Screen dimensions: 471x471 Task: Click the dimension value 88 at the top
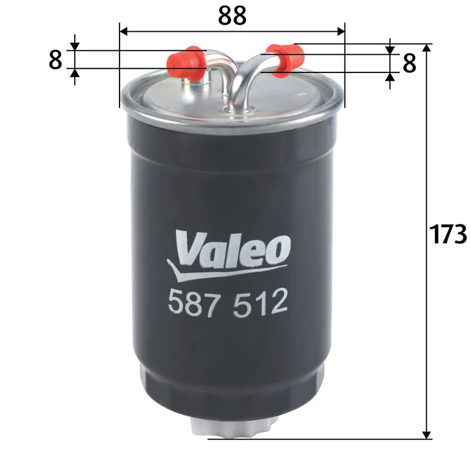tap(231, 15)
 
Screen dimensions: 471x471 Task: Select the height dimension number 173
tap(448, 234)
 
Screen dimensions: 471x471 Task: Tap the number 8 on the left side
tap(55, 60)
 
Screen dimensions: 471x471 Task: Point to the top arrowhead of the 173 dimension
tap(426, 48)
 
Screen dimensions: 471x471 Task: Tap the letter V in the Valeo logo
tap(188, 248)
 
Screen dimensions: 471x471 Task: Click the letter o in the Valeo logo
tap(279, 251)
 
